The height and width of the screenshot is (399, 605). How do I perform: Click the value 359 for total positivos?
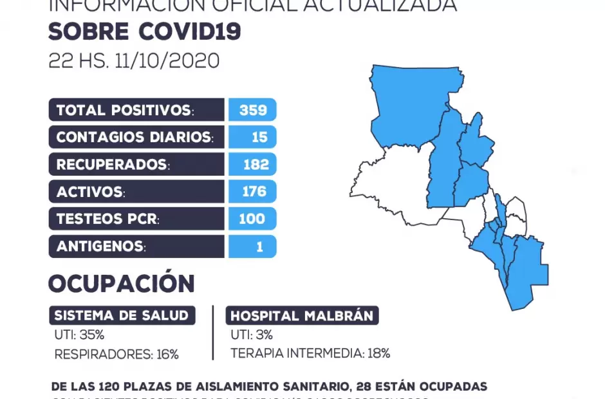coord(252,110)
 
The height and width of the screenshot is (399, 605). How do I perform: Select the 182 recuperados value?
coord(256,165)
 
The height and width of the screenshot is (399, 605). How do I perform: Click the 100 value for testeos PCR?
coord(252,219)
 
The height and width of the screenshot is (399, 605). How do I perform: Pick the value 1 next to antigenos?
coord(259,246)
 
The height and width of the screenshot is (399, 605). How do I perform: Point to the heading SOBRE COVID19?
coord(144,31)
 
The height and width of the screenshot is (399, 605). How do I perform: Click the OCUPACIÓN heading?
coord(121,284)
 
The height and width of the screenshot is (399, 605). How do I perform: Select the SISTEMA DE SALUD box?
coord(122,315)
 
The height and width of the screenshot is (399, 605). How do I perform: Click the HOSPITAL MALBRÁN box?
coord(302,316)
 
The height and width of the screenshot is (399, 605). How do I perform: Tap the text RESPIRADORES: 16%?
coord(116,354)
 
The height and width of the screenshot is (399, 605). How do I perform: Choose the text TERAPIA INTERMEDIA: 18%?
coord(310,353)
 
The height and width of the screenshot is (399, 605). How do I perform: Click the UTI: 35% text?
coord(79,335)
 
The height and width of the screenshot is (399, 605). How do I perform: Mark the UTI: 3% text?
coord(252,335)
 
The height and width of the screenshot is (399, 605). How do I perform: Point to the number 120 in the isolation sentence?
coord(110,387)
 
